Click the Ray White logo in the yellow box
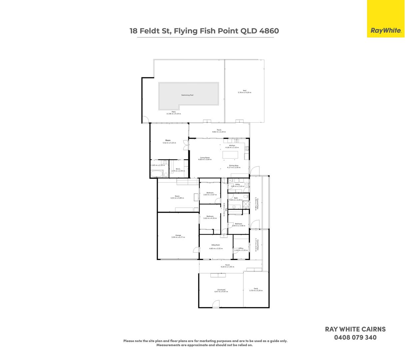click(386, 31)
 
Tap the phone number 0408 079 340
click(355, 337)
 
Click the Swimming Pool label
click(187, 95)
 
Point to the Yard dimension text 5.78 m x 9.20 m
click(244, 92)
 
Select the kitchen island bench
click(230, 155)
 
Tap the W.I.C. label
click(178, 169)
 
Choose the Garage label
click(178, 235)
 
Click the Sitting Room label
click(216, 245)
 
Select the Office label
click(241, 248)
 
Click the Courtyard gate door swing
click(216, 304)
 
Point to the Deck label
click(256, 289)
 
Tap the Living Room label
click(205, 158)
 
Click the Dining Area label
click(234, 165)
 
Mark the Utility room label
click(237, 184)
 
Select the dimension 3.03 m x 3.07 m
click(210, 195)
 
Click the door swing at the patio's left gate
click(145, 118)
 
